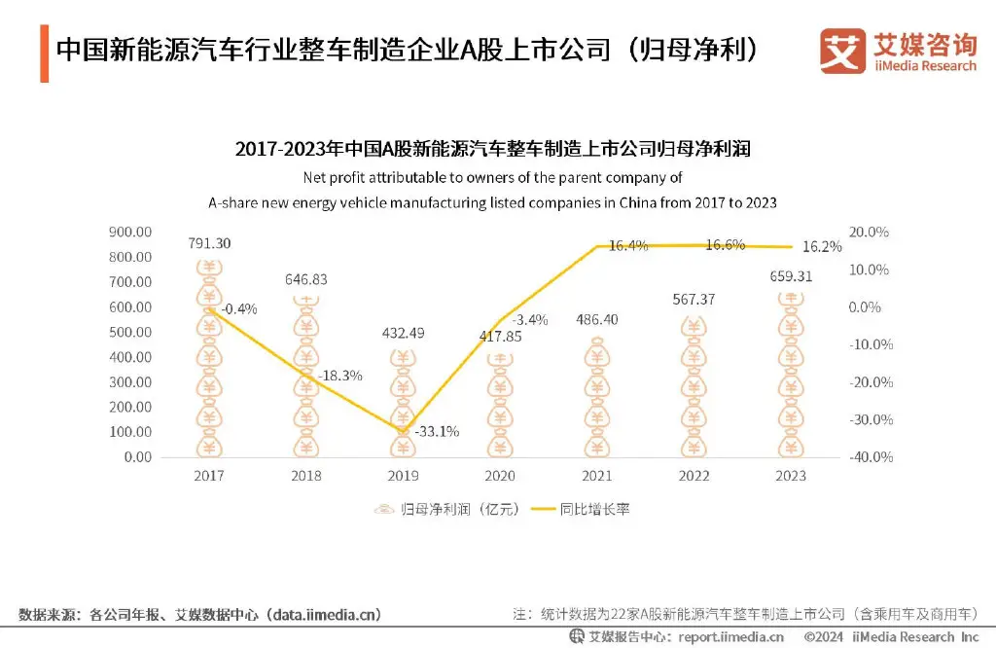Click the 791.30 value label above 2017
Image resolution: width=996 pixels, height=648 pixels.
point(209,243)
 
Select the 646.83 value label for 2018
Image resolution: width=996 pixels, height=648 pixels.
point(306,279)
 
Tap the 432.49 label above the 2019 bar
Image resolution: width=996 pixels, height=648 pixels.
point(403,333)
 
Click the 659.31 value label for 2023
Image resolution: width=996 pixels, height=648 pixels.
point(790,276)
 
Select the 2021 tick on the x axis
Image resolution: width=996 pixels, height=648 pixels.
point(596,476)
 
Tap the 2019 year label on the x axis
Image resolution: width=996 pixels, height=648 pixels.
point(403,476)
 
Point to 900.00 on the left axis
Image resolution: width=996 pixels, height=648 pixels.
point(130,232)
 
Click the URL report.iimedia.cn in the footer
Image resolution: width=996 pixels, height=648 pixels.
point(718,637)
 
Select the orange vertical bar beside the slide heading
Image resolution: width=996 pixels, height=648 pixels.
point(44,53)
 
